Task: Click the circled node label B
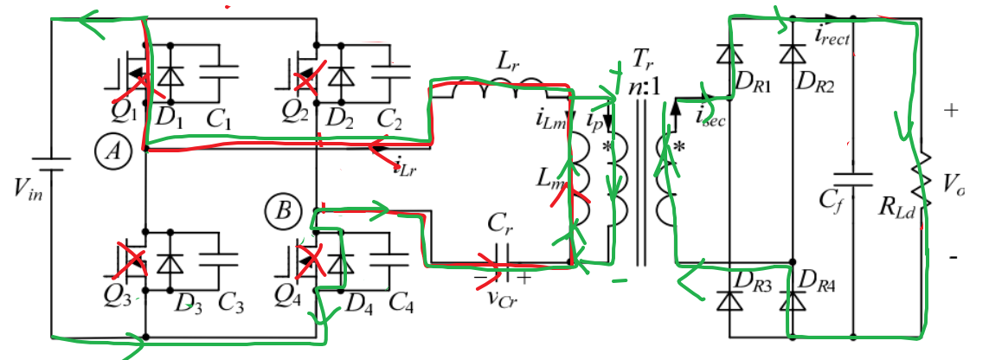(282, 210)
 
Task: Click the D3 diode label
(187, 303)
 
